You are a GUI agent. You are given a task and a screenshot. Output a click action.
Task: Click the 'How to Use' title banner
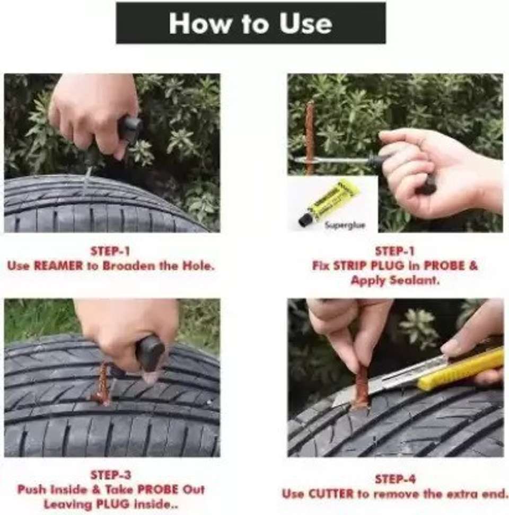tap(251, 23)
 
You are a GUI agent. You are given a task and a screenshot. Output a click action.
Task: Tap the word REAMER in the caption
tap(58, 265)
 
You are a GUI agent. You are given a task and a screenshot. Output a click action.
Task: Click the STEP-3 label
tap(110, 475)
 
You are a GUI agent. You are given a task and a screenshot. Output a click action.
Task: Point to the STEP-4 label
tap(396, 479)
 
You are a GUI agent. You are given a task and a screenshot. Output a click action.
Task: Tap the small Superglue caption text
tap(345, 225)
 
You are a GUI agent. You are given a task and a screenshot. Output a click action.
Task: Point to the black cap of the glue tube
tap(305, 219)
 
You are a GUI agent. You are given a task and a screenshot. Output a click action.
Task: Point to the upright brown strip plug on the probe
tap(310, 137)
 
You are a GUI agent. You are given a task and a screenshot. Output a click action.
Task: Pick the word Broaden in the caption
tap(129, 265)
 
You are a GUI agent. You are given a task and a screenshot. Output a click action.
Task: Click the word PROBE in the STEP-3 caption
tap(158, 490)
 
